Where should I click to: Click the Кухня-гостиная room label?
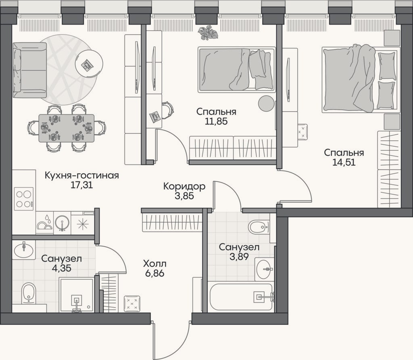(x=81, y=175)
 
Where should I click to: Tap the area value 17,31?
(x=81, y=185)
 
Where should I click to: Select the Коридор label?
(x=184, y=187)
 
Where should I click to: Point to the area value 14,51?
(x=344, y=162)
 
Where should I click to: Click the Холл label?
(x=154, y=264)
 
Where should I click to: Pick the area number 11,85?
(x=216, y=121)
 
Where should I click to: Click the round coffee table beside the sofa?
(x=89, y=64)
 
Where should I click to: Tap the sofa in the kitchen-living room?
(x=30, y=70)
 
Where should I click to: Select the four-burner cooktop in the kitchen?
(x=24, y=199)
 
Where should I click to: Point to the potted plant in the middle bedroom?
(x=208, y=33)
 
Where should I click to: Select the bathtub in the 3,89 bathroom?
(x=241, y=297)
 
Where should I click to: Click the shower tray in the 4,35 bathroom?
(x=76, y=295)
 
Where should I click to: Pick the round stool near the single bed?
(x=266, y=103)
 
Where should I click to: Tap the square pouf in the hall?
(x=132, y=304)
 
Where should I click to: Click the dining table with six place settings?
(x=67, y=128)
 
